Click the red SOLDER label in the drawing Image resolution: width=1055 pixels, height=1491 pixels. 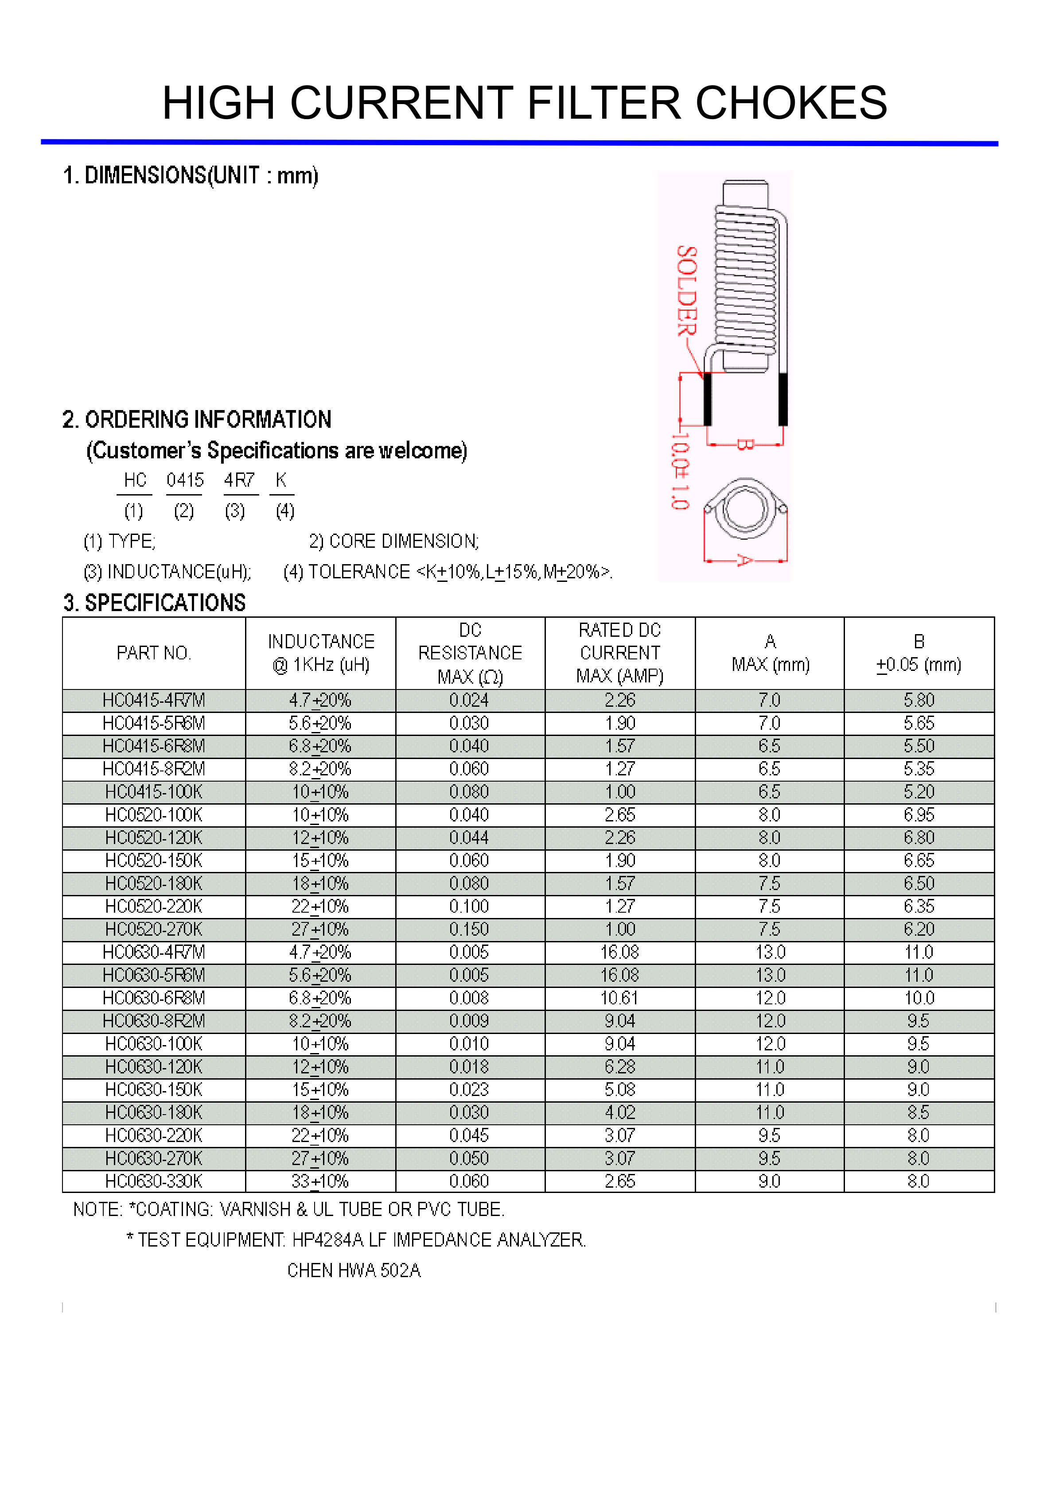click(687, 290)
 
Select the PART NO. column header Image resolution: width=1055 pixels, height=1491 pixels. click(153, 653)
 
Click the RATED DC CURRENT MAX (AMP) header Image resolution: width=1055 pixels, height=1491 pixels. click(620, 653)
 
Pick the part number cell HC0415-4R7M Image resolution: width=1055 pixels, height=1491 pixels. click(153, 701)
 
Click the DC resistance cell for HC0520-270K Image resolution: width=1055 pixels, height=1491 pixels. click(469, 929)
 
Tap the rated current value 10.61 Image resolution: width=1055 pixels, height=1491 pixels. click(620, 998)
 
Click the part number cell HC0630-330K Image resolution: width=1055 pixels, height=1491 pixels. click(153, 1181)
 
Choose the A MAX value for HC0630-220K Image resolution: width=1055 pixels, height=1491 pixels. click(769, 1136)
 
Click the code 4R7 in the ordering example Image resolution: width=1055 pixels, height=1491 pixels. click(239, 480)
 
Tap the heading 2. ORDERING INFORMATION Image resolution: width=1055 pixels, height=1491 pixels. click(197, 419)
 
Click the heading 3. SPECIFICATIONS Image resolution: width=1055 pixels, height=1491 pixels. click(155, 603)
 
